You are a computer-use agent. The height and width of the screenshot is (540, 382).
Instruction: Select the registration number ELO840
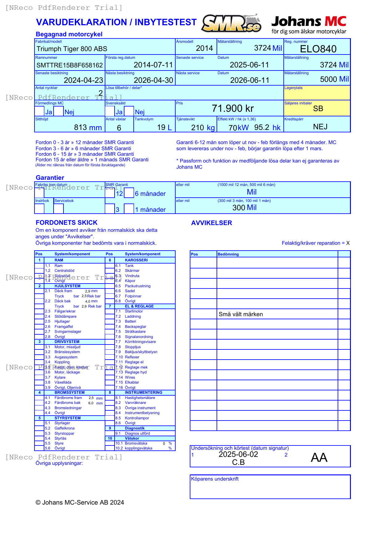(318, 49)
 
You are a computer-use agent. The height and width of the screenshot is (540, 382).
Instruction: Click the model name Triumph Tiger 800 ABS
(72, 49)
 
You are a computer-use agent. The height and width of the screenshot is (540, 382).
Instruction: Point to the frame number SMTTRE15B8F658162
(70, 65)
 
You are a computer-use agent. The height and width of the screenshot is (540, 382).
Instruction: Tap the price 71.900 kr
(233, 108)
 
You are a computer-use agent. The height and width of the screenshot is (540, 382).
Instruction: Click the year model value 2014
(204, 48)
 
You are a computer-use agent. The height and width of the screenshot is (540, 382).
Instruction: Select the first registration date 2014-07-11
(153, 65)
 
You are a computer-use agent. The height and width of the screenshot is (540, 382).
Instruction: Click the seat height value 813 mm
(88, 127)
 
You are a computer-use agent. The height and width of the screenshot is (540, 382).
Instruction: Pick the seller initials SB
(318, 109)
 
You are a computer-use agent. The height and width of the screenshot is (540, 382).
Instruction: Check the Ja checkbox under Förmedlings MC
(39, 111)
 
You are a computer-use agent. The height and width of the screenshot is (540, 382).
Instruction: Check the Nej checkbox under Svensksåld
(129, 111)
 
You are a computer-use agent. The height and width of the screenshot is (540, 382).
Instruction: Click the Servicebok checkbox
(59, 208)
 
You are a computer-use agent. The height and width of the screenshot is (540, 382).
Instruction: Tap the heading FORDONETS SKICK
(67, 223)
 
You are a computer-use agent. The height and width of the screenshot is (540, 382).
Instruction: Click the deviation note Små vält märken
(241, 314)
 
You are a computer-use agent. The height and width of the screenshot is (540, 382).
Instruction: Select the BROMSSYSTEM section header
(69, 393)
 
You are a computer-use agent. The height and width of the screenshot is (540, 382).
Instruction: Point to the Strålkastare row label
(135, 332)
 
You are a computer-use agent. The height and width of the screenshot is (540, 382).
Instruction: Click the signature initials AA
(319, 457)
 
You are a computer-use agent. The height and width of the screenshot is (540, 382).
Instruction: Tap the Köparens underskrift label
(215, 479)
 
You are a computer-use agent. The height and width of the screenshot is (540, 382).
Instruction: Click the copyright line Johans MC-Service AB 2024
(80, 502)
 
